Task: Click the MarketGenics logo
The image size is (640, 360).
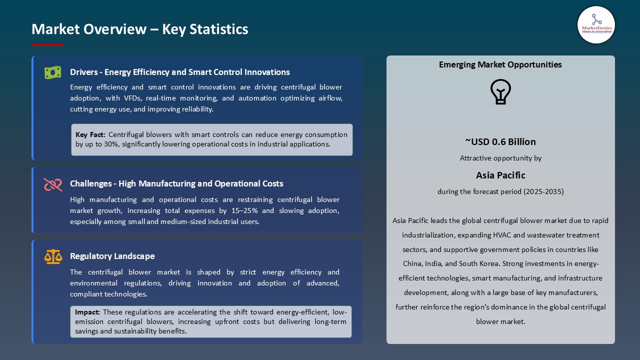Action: coord(596,24)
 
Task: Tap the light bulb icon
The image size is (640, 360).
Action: coord(500,92)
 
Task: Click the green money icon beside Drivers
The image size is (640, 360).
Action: coord(53,72)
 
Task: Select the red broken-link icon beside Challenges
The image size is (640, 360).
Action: coord(53,184)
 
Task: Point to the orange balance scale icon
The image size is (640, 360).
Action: coord(53,256)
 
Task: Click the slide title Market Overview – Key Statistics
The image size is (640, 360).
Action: coord(140,29)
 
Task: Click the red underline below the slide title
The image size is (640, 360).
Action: coord(48,45)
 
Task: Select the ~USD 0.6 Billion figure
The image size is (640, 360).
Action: coord(500,141)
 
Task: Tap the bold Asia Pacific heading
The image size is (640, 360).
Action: coord(500,175)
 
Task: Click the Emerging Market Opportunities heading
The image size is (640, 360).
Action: coord(500,64)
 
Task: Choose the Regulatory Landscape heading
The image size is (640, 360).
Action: coord(112,256)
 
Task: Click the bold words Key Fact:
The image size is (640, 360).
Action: coord(90,134)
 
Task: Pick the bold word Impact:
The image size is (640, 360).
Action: coord(87,312)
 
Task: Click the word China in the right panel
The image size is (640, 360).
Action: coord(413,263)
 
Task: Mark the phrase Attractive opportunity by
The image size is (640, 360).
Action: coord(500,158)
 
